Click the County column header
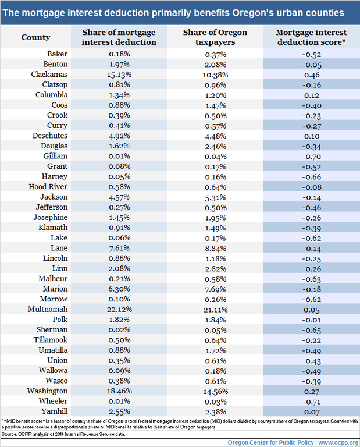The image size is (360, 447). pyautogui.click(x=35, y=37)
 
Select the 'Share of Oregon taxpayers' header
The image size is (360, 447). pyautogui.click(x=215, y=37)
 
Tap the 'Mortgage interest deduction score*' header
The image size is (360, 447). pyautogui.click(x=311, y=37)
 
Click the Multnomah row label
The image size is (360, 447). pyautogui.click(x=48, y=309)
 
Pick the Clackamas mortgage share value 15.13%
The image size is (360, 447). pyautogui.click(x=119, y=74)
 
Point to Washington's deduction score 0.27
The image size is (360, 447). pyautogui.click(x=312, y=391)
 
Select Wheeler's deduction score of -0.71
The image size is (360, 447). pyautogui.click(x=311, y=402)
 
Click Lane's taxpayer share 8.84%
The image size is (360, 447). pyautogui.click(x=216, y=249)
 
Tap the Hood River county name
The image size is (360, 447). pyautogui.click(x=48, y=187)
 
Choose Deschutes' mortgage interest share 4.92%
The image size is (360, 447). pyautogui.click(x=119, y=136)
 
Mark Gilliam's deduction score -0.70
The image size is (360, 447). pyautogui.click(x=312, y=157)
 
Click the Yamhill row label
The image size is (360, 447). pyautogui.click(x=55, y=411)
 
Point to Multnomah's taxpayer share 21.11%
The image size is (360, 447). pyautogui.click(x=216, y=310)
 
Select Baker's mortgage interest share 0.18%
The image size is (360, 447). pyautogui.click(x=119, y=54)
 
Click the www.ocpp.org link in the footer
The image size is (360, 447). pyautogui.click(x=338, y=442)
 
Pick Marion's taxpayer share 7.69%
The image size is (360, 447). pyautogui.click(x=216, y=289)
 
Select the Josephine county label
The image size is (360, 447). pyautogui.click(x=51, y=218)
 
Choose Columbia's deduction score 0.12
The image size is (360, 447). pyautogui.click(x=312, y=95)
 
